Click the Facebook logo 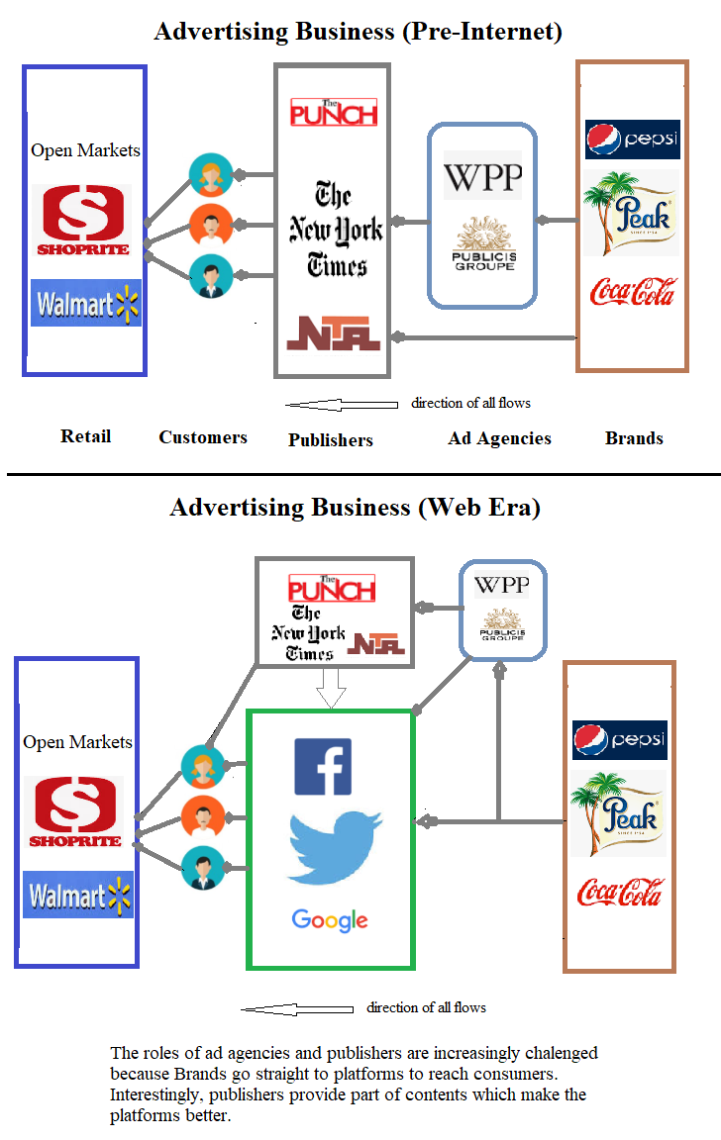coord(323,767)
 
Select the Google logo coord(330,920)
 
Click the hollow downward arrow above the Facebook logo coord(331,687)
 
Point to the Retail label coord(85,436)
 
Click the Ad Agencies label coord(499,437)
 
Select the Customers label coord(203,437)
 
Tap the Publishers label coord(331,439)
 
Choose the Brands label coord(634,437)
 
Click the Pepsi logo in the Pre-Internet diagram coord(632,140)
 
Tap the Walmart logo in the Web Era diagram coord(78,897)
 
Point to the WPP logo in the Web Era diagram coord(501,585)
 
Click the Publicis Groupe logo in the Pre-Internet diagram coord(484,244)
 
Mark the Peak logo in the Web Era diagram coord(618,812)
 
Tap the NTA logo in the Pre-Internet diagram coord(333,332)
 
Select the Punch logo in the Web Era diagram coord(331,589)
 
